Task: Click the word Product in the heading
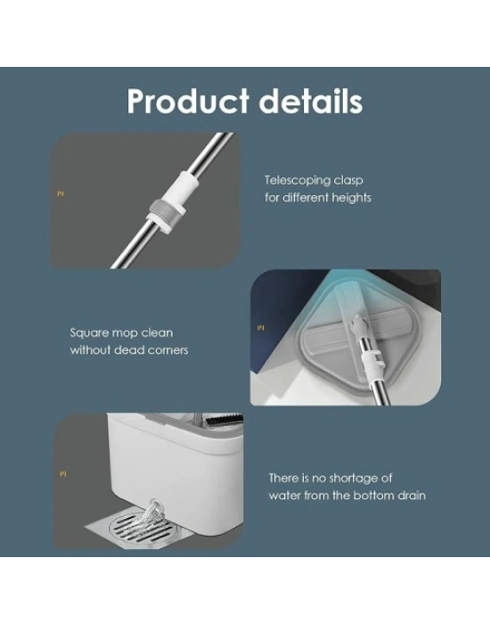pos(188,102)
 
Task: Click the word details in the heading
pos(311,101)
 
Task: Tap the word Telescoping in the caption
pos(298,181)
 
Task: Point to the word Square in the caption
pos(89,333)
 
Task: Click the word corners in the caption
pos(167,350)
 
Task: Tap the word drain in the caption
pos(411,496)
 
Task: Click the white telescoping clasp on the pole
pos(171,201)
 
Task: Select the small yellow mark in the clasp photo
pos(61,193)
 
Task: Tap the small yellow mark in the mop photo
pos(260,328)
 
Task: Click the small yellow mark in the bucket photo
pos(63,474)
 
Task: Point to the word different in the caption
pos(298,198)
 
